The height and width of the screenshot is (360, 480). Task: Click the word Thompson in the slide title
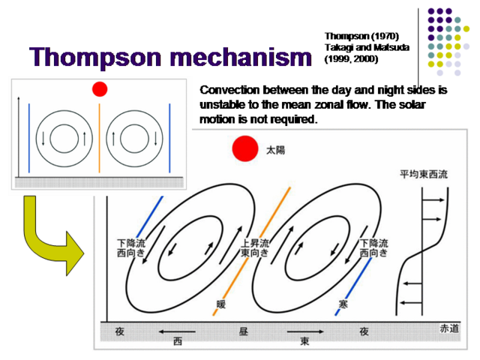point(95,58)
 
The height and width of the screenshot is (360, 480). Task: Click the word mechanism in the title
point(241,57)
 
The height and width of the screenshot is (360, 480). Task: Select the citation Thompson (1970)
point(361,36)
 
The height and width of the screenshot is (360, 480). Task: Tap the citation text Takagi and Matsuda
point(367,47)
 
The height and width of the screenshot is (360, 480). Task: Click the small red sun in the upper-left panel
point(100,89)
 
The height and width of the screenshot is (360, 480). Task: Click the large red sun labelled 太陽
point(245,148)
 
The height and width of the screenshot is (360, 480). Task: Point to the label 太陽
point(275,150)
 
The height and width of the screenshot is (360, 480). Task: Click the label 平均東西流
point(424,174)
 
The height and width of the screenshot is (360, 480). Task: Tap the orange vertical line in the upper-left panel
point(99,138)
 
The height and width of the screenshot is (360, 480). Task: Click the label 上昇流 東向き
point(255,248)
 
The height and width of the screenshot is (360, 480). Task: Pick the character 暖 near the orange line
point(221,304)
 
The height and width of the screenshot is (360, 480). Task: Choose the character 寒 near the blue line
point(343,304)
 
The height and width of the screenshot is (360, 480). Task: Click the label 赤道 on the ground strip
point(449,328)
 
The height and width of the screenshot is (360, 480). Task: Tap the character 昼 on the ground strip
point(243,331)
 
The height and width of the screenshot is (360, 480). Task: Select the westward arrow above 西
point(177,331)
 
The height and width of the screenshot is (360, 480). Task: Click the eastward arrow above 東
point(305,331)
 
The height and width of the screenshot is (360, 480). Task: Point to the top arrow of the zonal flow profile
point(433,200)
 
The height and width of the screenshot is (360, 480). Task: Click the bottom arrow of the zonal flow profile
point(412,303)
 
